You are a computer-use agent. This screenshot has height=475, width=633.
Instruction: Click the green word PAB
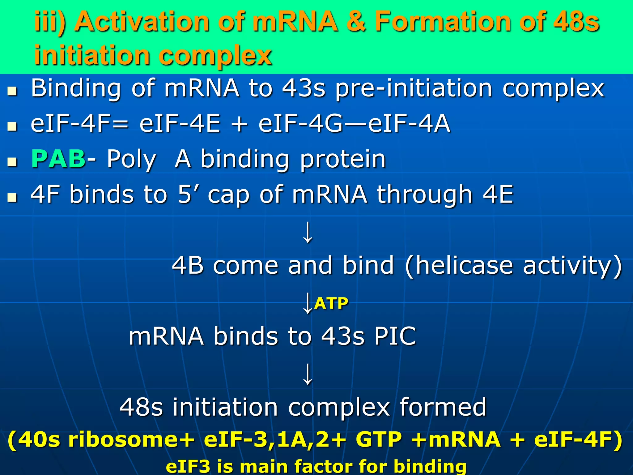[58, 159]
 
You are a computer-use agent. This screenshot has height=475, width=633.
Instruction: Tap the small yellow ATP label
[331, 303]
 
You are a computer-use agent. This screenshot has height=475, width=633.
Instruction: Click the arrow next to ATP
[307, 304]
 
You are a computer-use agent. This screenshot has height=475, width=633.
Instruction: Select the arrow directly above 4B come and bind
[308, 233]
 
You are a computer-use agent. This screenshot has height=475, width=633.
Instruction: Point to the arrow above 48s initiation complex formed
[308, 374]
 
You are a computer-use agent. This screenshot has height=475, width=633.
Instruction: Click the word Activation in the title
[142, 22]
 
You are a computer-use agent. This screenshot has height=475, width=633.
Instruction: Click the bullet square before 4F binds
[12, 197]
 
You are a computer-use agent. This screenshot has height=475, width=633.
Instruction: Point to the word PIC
[395, 336]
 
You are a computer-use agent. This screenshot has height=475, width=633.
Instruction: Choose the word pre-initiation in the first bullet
[414, 89]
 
